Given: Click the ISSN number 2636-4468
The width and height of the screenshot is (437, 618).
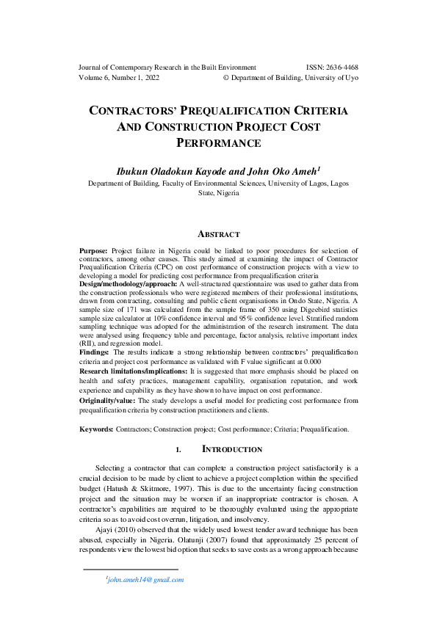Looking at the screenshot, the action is click(x=340, y=67).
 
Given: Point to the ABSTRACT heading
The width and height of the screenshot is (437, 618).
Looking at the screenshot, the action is click(x=218, y=235).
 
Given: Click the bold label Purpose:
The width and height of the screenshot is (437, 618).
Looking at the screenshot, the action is click(x=93, y=251).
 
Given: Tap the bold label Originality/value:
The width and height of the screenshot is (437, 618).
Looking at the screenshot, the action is click(x=108, y=401).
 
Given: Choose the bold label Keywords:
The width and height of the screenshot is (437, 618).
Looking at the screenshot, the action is click(x=96, y=429).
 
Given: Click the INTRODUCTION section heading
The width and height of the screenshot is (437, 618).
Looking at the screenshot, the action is click(x=231, y=449).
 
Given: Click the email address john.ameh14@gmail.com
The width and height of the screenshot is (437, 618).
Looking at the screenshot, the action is click(x=145, y=579).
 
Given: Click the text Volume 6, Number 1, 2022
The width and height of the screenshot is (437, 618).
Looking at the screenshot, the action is click(x=118, y=78).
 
